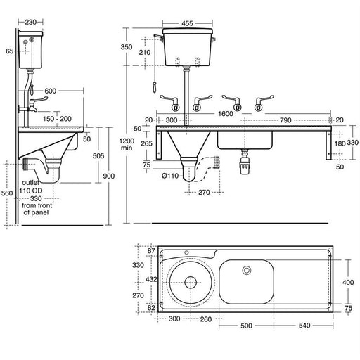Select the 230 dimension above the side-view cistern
point(29,22)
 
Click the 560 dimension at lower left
point(7,193)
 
